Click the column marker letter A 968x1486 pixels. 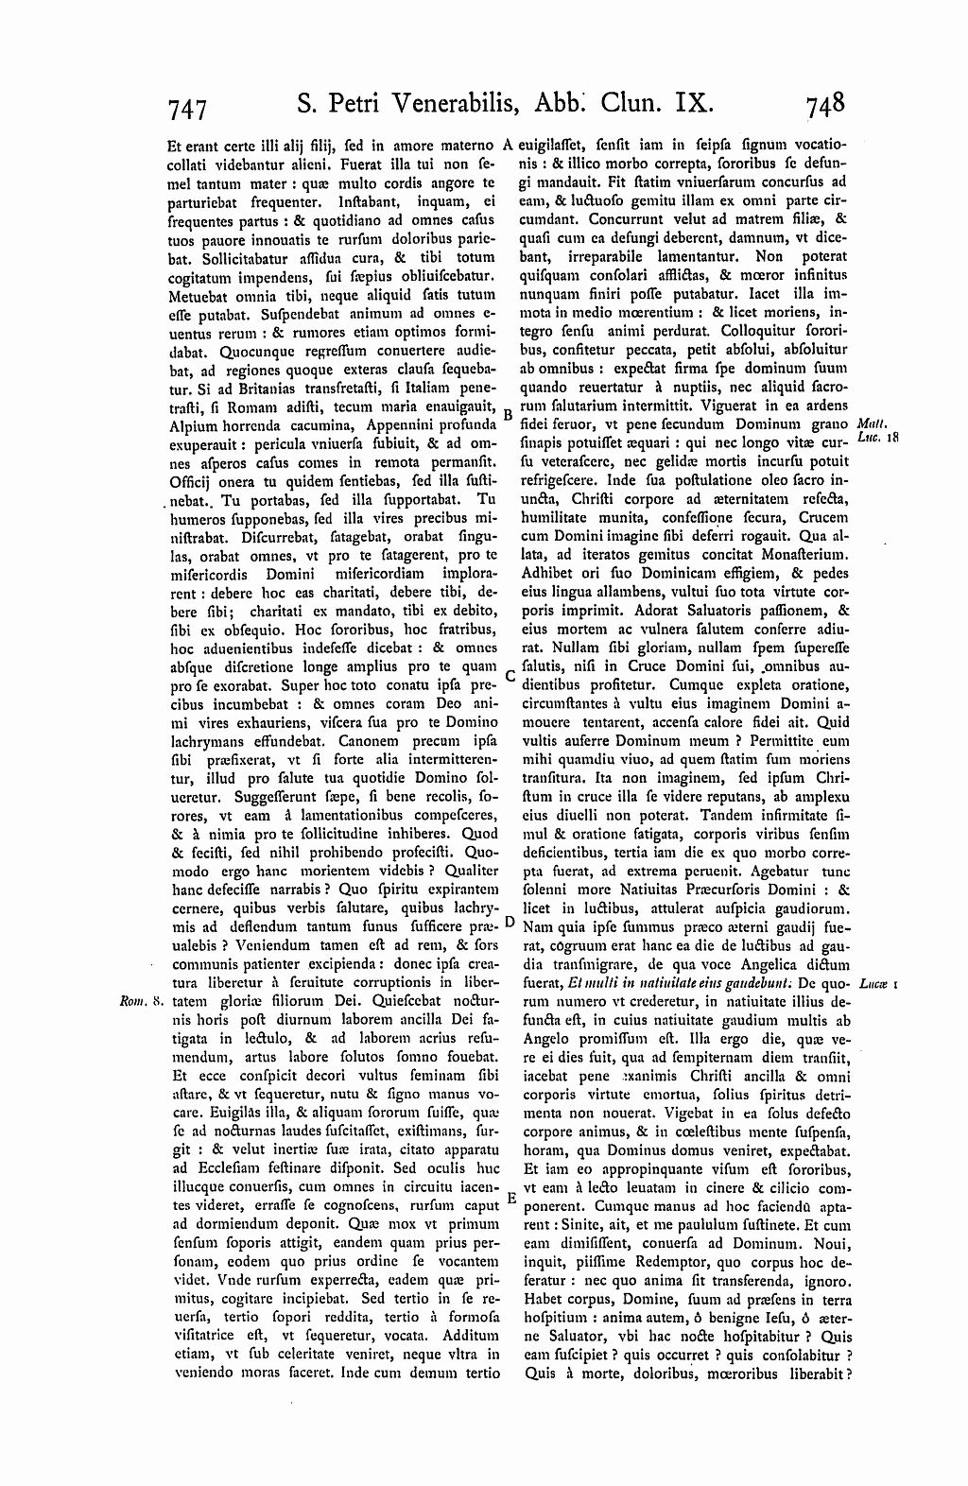(508, 145)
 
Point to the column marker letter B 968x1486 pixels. (508, 414)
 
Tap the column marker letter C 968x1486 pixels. (508, 676)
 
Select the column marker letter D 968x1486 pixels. (508, 921)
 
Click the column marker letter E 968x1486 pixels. (510, 1199)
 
